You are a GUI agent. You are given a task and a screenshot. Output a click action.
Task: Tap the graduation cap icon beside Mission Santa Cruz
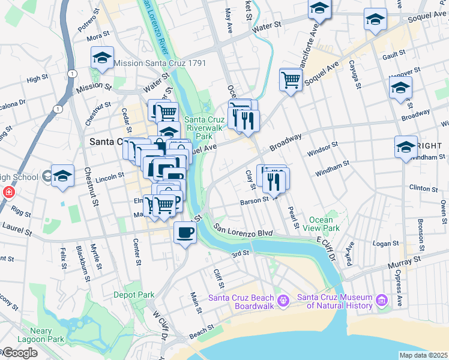tap(103, 59)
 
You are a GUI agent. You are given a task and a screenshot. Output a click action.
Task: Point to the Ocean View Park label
tap(324, 224)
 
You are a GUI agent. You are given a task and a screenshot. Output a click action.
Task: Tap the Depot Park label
tap(134, 295)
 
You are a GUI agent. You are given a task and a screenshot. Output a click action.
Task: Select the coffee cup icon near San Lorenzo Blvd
tap(185, 232)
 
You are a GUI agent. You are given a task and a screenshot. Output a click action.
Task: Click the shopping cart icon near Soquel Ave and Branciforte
tap(291, 79)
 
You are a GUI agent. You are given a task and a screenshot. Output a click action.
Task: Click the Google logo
tap(19, 353)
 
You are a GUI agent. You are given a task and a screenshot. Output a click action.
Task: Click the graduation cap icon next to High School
tap(62, 176)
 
